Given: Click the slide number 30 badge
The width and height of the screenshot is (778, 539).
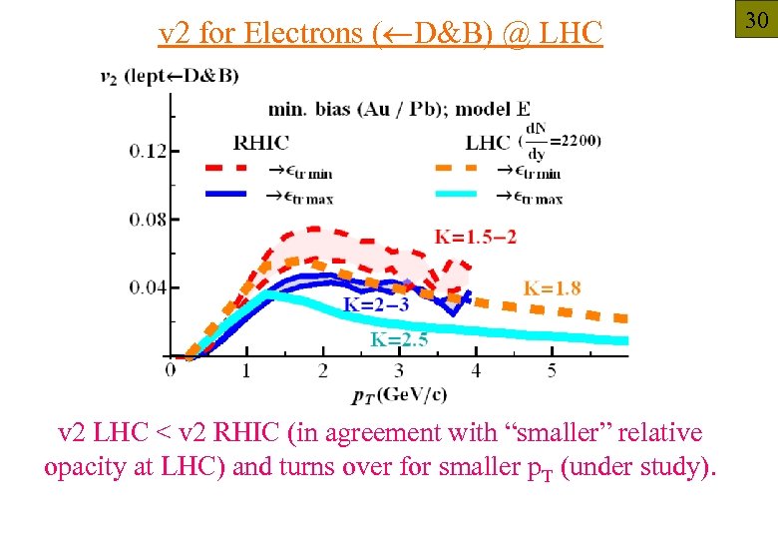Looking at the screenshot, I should click(x=755, y=19).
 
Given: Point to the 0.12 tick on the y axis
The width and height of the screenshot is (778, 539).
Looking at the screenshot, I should click(x=148, y=152).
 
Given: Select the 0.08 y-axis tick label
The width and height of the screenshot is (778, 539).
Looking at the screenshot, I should click(x=148, y=220).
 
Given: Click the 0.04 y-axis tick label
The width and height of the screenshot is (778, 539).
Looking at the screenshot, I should click(x=148, y=288).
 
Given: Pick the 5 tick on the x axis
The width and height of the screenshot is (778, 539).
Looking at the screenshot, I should click(x=552, y=371).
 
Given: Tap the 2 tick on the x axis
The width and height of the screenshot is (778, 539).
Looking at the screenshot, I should click(x=323, y=371).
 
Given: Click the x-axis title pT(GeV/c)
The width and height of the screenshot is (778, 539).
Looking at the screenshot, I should click(x=399, y=393).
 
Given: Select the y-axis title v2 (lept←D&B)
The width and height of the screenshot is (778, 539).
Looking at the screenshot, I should click(x=170, y=77).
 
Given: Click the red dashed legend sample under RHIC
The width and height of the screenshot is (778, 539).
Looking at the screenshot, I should click(x=231, y=169).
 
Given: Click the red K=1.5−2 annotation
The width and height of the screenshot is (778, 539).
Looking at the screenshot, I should click(x=476, y=237).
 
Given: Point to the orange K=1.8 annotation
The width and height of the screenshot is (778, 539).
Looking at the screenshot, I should click(x=553, y=288).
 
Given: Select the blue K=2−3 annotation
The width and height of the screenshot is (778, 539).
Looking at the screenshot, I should click(x=376, y=304).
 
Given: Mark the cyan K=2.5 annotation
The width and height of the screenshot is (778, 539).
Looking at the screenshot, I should click(x=399, y=340).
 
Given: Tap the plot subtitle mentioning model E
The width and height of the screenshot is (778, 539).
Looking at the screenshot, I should click(x=399, y=109).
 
